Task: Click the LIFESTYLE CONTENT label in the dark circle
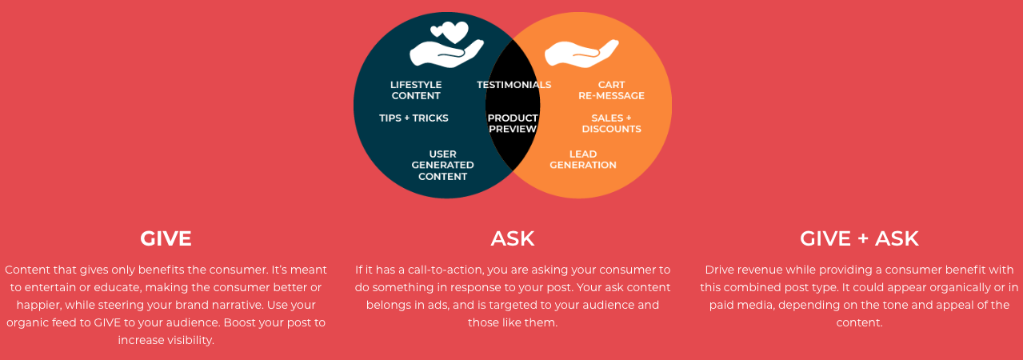point(416,90)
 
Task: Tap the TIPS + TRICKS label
point(414,118)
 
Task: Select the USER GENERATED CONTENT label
point(442,165)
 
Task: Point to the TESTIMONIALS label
point(513,85)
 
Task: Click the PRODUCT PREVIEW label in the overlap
point(513,123)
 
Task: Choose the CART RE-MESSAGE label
point(611,90)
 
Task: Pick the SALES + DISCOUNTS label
point(611,123)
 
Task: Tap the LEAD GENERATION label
point(583,159)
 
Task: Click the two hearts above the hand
point(450,32)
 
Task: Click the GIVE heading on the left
point(166,238)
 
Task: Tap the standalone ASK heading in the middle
point(513,238)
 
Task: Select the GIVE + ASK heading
point(859,238)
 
